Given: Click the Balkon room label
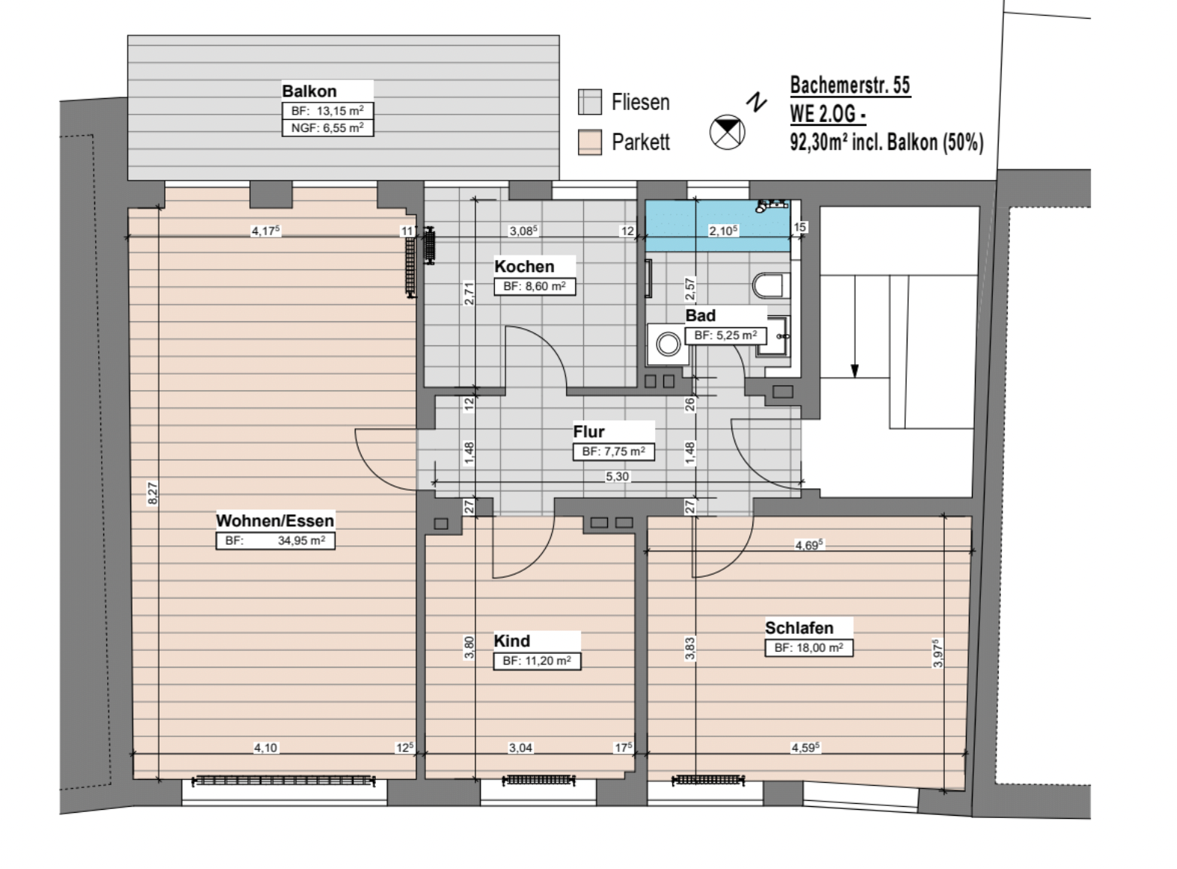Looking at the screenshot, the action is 309,91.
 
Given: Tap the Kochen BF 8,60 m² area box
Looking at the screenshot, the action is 535,286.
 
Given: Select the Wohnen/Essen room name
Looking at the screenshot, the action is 275,521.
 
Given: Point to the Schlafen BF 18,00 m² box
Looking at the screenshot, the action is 809,648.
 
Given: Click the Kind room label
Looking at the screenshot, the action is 511,641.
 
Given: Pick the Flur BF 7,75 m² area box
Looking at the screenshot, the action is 613,452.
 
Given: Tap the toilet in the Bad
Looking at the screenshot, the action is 771,285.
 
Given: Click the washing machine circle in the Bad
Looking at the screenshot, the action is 668,344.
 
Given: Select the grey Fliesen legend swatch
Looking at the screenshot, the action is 589,101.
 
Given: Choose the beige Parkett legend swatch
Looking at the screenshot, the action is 589,142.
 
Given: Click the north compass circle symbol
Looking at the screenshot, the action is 727,133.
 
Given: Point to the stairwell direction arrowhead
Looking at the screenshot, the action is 854,371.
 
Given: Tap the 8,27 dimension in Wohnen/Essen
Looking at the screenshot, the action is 152,494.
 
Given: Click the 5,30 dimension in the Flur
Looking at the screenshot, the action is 617,476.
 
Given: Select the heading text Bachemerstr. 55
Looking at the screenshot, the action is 850,85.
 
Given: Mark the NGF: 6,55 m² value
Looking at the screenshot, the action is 327,128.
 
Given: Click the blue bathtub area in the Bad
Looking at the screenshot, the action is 717,225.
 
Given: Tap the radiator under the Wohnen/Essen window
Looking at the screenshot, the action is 283,781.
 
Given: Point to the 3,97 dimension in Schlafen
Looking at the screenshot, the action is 937,652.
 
